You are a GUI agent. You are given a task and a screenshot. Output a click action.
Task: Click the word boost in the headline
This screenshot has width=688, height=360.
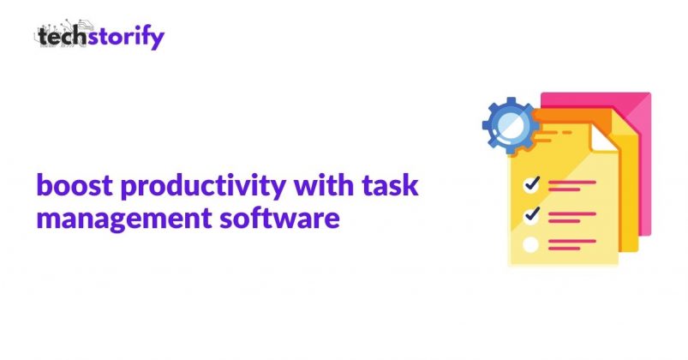(x=75, y=185)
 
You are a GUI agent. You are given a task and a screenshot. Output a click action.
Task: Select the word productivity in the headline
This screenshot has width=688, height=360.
(x=203, y=188)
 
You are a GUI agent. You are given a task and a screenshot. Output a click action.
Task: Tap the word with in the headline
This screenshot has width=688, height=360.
(x=324, y=184)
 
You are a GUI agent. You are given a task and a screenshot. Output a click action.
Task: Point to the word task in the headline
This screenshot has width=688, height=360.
(x=390, y=185)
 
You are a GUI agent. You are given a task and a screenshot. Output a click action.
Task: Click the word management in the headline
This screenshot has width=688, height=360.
(x=124, y=219)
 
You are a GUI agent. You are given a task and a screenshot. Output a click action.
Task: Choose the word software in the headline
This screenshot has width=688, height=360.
(x=279, y=217)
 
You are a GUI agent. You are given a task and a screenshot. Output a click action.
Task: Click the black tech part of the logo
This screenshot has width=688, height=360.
(x=62, y=36)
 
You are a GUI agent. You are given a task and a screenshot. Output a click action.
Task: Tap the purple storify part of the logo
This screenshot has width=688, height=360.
(x=125, y=38)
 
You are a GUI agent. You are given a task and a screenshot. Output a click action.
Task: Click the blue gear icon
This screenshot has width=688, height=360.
(x=512, y=125)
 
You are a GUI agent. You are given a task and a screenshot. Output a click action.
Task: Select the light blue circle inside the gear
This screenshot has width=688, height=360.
(x=512, y=125)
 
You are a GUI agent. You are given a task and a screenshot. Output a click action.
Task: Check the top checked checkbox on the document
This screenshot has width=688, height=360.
(x=532, y=184)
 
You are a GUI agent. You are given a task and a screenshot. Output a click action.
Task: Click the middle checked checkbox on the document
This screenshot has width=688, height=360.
(x=532, y=216)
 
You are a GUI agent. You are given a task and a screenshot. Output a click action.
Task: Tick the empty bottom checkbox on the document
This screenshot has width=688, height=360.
(x=531, y=244)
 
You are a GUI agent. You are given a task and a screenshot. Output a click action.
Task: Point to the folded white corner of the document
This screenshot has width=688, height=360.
(x=601, y=138)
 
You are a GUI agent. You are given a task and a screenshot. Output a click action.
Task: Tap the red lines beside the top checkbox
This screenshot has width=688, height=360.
(x=572, y=186)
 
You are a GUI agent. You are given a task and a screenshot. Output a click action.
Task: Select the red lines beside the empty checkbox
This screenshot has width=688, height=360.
(x=572, y=244)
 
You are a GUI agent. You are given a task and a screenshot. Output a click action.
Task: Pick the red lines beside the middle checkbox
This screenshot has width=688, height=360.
(x=572, y=218)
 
